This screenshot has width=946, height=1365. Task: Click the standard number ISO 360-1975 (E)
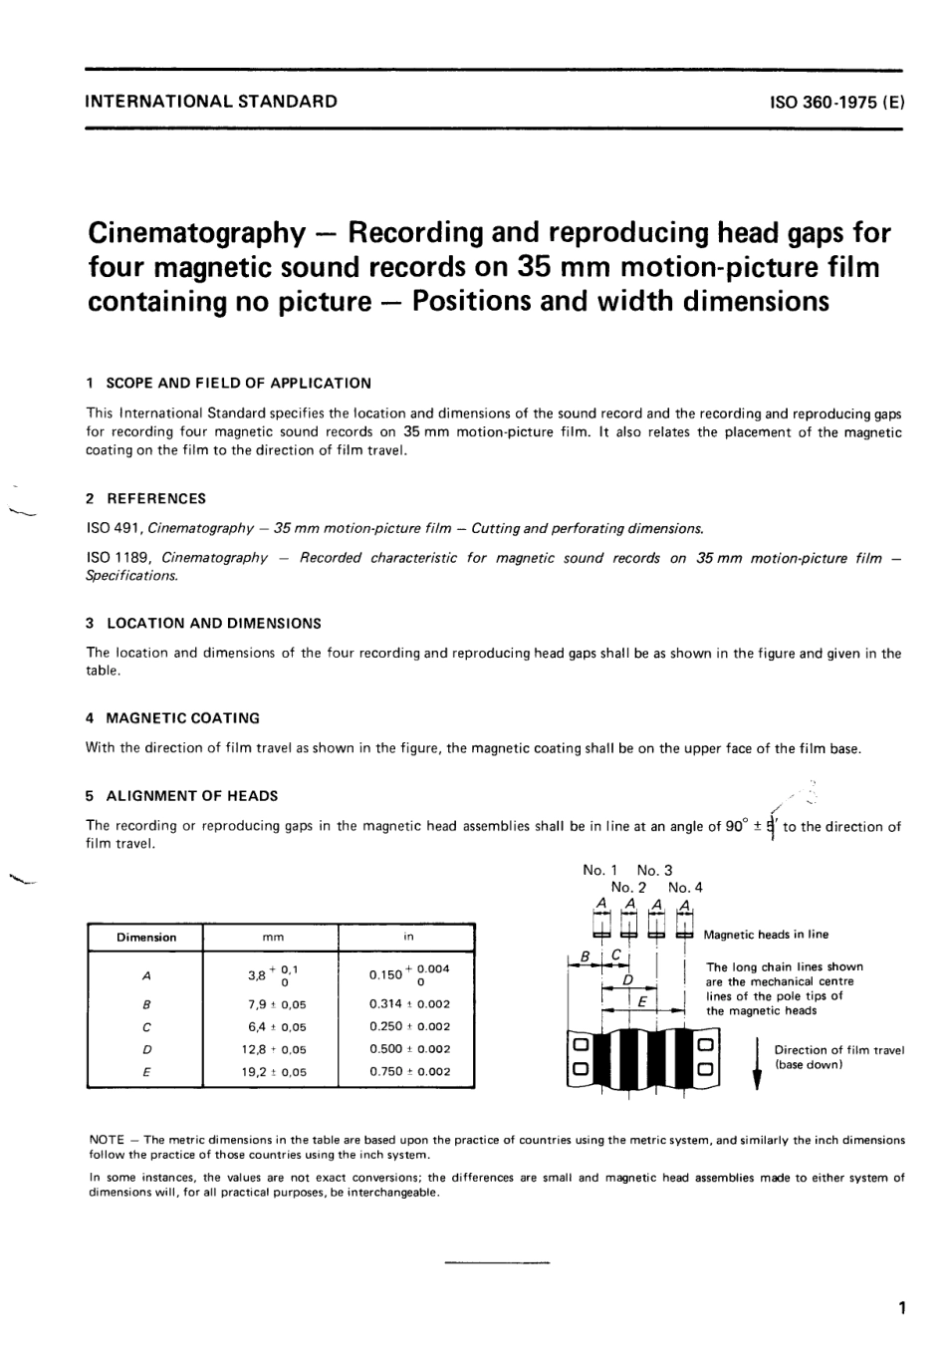(836, 102)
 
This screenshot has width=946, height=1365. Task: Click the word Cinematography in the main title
(196, 233)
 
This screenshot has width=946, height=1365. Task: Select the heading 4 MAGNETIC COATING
(172, 718)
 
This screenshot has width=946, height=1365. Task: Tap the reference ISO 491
(114, 528)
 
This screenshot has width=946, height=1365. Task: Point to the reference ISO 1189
(118, 558)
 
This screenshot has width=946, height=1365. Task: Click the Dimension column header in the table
(146, 938)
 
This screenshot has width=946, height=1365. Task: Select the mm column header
(272, 938)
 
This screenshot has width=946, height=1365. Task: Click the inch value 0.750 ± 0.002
(409, 1072)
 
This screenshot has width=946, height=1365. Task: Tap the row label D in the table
(146, 1049)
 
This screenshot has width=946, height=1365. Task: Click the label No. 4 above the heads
(685, 887)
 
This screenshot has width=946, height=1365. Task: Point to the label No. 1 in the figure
(600, 870)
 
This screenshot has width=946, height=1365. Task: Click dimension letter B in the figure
(587, 955)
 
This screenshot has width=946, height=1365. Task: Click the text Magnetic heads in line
(766, 935)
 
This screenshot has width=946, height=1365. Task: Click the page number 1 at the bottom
(900, 1308)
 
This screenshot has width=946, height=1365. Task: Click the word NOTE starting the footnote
(108, 1140)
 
